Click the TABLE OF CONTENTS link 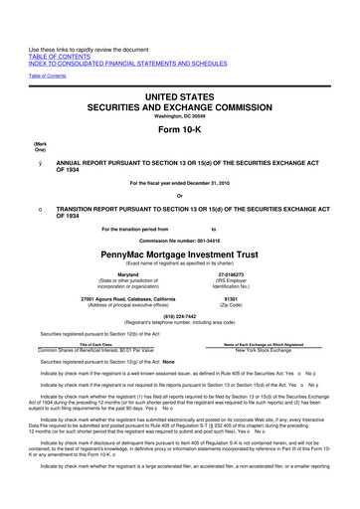(x=61, y=30)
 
